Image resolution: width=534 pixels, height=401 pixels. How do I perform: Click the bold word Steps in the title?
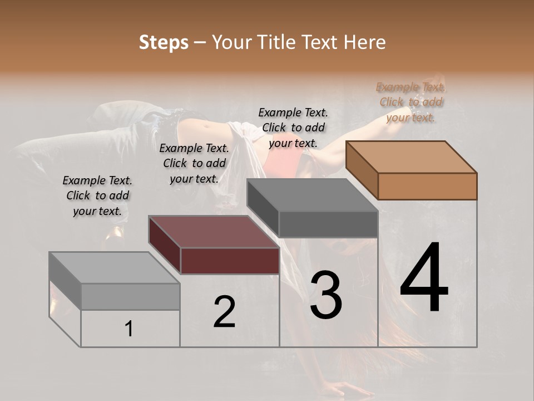(x=164, y=42)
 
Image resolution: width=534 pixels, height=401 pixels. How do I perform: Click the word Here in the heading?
(x=365, y=42)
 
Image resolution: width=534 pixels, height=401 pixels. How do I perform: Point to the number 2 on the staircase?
(x=224, y=311)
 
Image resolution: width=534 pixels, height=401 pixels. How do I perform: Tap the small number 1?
(x=129, y=329)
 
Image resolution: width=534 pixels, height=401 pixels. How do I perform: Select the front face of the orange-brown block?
(x=427, y=186)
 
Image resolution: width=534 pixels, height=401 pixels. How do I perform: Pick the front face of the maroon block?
(x=230, y=261)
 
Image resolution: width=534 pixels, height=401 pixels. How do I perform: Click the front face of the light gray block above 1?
(x=130, y=296)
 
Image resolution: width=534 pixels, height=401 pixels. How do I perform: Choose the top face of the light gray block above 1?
(x=115, y=268)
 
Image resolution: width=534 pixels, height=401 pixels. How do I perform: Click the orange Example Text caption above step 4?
(x=411, y=102)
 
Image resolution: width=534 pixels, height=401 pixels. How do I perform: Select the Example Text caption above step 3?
(x=293, y=128)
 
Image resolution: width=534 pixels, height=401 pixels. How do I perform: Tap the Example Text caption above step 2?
(x=194, y=163)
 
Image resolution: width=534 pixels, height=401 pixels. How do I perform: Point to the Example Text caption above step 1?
(x=97, y=195)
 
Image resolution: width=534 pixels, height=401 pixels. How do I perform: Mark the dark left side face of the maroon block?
(x=165, y=244)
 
